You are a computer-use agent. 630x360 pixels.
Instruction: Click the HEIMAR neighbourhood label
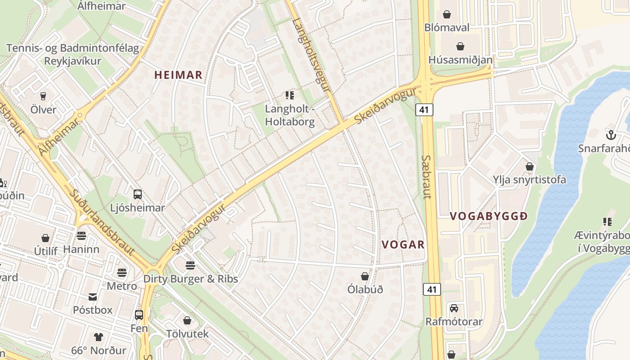coord(179,75)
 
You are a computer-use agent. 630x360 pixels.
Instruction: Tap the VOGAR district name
coord(403,244)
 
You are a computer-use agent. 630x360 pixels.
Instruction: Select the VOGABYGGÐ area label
coord(489,216)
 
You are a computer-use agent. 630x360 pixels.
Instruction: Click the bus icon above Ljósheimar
coord(138,194)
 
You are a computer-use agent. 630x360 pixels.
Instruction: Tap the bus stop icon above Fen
coord(139,315)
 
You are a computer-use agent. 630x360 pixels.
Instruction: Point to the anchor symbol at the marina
coord(611,135)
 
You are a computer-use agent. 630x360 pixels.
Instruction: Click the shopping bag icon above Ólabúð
coord(365,276)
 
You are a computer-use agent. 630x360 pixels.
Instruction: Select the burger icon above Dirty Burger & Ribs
coord(190,265)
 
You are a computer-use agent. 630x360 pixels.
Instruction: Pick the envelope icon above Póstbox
coord(93,297)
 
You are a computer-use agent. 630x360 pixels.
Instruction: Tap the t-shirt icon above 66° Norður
coord(98,337)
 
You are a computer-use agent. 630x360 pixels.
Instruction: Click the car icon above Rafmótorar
coord(454,308)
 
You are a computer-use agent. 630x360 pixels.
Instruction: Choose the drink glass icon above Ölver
coord(43,96)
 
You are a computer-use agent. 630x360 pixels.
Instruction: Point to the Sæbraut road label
coord(427,177)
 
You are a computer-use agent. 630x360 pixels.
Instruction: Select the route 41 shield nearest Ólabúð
coord(432,289)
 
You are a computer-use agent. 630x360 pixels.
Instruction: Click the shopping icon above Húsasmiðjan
coord(460,46)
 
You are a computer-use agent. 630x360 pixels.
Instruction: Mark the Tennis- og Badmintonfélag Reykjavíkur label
coord(73,54)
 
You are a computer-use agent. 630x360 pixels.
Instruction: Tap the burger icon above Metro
coord(122,272)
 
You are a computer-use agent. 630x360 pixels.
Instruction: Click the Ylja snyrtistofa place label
coord(529,180)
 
